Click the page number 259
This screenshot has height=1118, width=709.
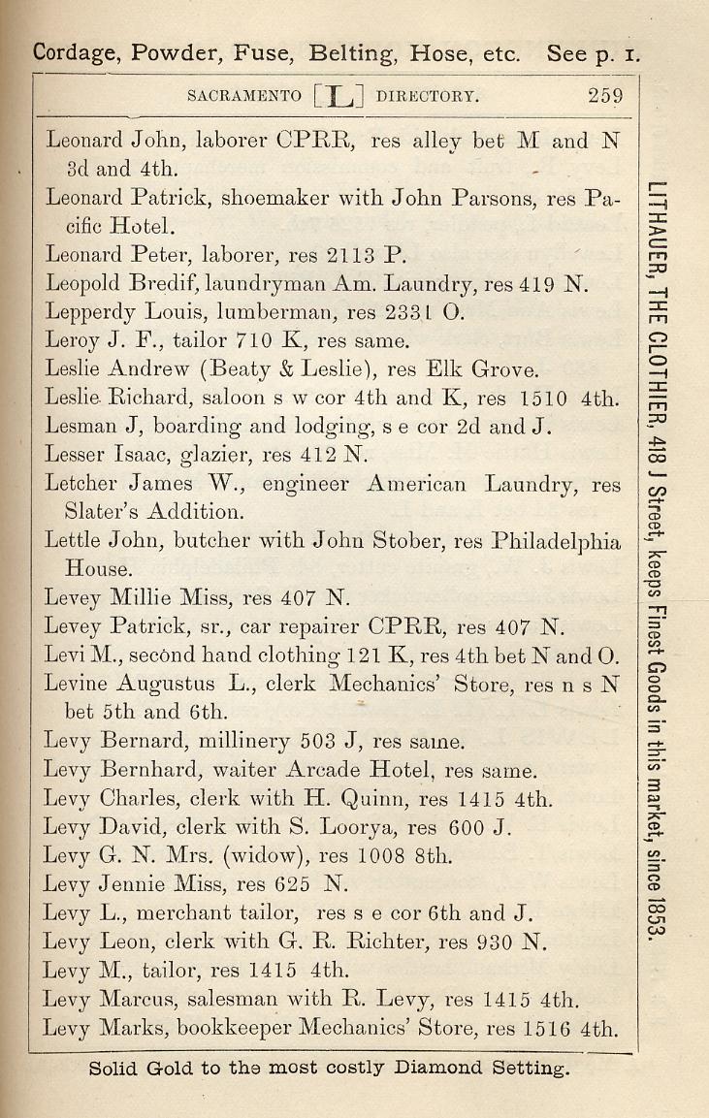[604, 96]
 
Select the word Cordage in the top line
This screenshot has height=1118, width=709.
[71, 53]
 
